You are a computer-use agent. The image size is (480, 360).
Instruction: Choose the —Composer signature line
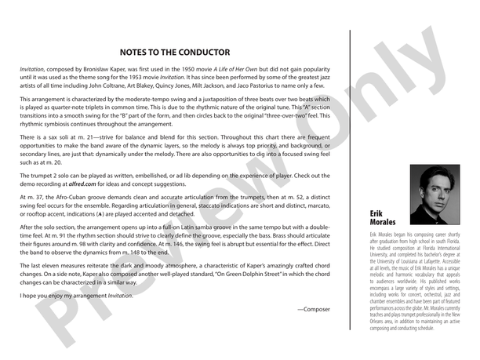point(315,309)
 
